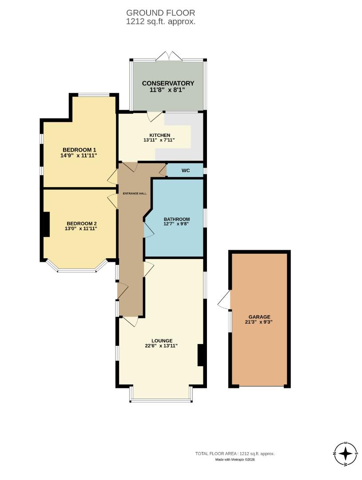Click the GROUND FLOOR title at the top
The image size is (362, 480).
point(160,13)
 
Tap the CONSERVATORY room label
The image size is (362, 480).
point(168,83)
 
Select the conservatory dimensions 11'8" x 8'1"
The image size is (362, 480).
point(168,90)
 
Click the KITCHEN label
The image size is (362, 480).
point(159,135)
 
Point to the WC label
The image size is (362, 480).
point(186,170)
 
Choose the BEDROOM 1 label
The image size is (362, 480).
point(79,149)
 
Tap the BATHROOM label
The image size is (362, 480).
point(177,219)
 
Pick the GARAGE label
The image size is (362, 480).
point(259,317)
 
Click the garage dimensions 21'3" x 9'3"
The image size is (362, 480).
point(259,323)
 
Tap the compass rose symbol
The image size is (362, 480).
point(346,454)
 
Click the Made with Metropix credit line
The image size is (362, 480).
point(235,460)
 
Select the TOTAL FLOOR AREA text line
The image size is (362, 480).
point(235,454)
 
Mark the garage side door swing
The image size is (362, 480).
point(225,300)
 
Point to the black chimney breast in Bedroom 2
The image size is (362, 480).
point(45,225)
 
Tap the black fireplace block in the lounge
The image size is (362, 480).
point(200,355)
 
